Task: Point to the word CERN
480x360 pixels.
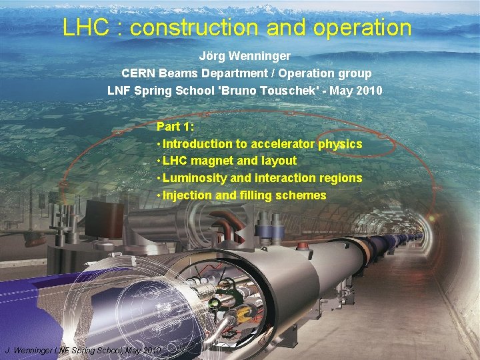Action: pyautogui.click(x=137, y=73)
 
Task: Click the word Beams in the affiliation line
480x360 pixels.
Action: pyautogui.click(x=178, y=73)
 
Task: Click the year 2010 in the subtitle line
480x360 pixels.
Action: pyautogui.click(x=369, y=90)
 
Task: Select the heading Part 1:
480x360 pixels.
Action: pyautogui.click(x=174, y=127)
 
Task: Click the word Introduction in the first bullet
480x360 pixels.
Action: pyautogui.click(x=197, y=144)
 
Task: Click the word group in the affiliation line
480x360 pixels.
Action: pyautogui.click(x=355, y=73)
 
